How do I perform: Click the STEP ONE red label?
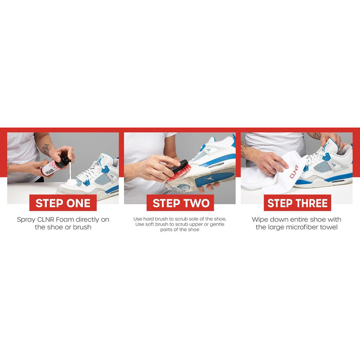click(63, 203)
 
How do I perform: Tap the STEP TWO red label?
click(180, 203)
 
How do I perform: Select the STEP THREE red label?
click(297, 203)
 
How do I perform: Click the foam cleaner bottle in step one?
click(56, 165)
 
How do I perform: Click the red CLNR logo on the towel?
click(294, 171)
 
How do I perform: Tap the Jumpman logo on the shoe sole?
click(209, 178)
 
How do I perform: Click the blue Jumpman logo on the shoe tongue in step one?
click(100, 161)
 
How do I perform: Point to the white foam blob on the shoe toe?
click(71, 183)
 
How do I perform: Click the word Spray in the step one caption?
click(26, 220)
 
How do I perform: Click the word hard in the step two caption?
click(148, 219)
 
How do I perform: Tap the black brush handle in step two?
click(180, 166)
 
